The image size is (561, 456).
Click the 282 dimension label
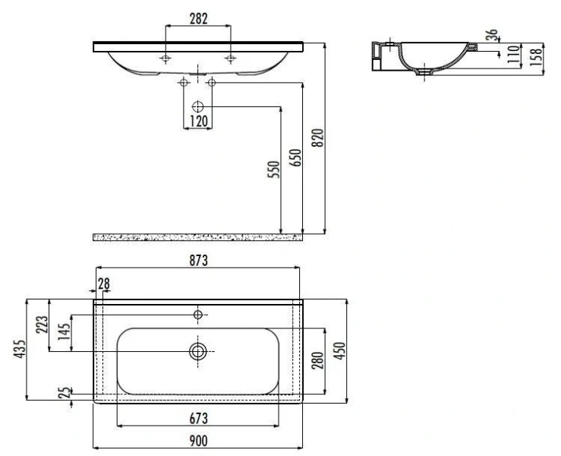(198, 19)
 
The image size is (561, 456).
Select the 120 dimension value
(198, 122)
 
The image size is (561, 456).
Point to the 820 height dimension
(317, 138)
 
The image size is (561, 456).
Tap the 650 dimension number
(295, 157)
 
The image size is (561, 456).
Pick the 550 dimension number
(274, 169)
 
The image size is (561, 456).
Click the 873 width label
(198, 261)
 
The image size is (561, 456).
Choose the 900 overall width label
(198, 441)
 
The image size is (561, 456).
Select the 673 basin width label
(198, 419)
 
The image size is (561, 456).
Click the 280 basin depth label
(317, 360)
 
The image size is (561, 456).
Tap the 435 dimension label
(20, 349)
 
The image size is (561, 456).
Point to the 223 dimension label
(42, 325)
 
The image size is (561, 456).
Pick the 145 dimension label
(65, 332)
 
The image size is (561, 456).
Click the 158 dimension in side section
(536, 56)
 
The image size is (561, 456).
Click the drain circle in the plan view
(198, 351)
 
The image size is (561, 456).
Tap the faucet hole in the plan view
(198, 315)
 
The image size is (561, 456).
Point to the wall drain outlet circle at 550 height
(198, 106)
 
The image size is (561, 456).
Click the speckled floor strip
(198, 237)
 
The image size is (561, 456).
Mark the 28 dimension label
(104, 284)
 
